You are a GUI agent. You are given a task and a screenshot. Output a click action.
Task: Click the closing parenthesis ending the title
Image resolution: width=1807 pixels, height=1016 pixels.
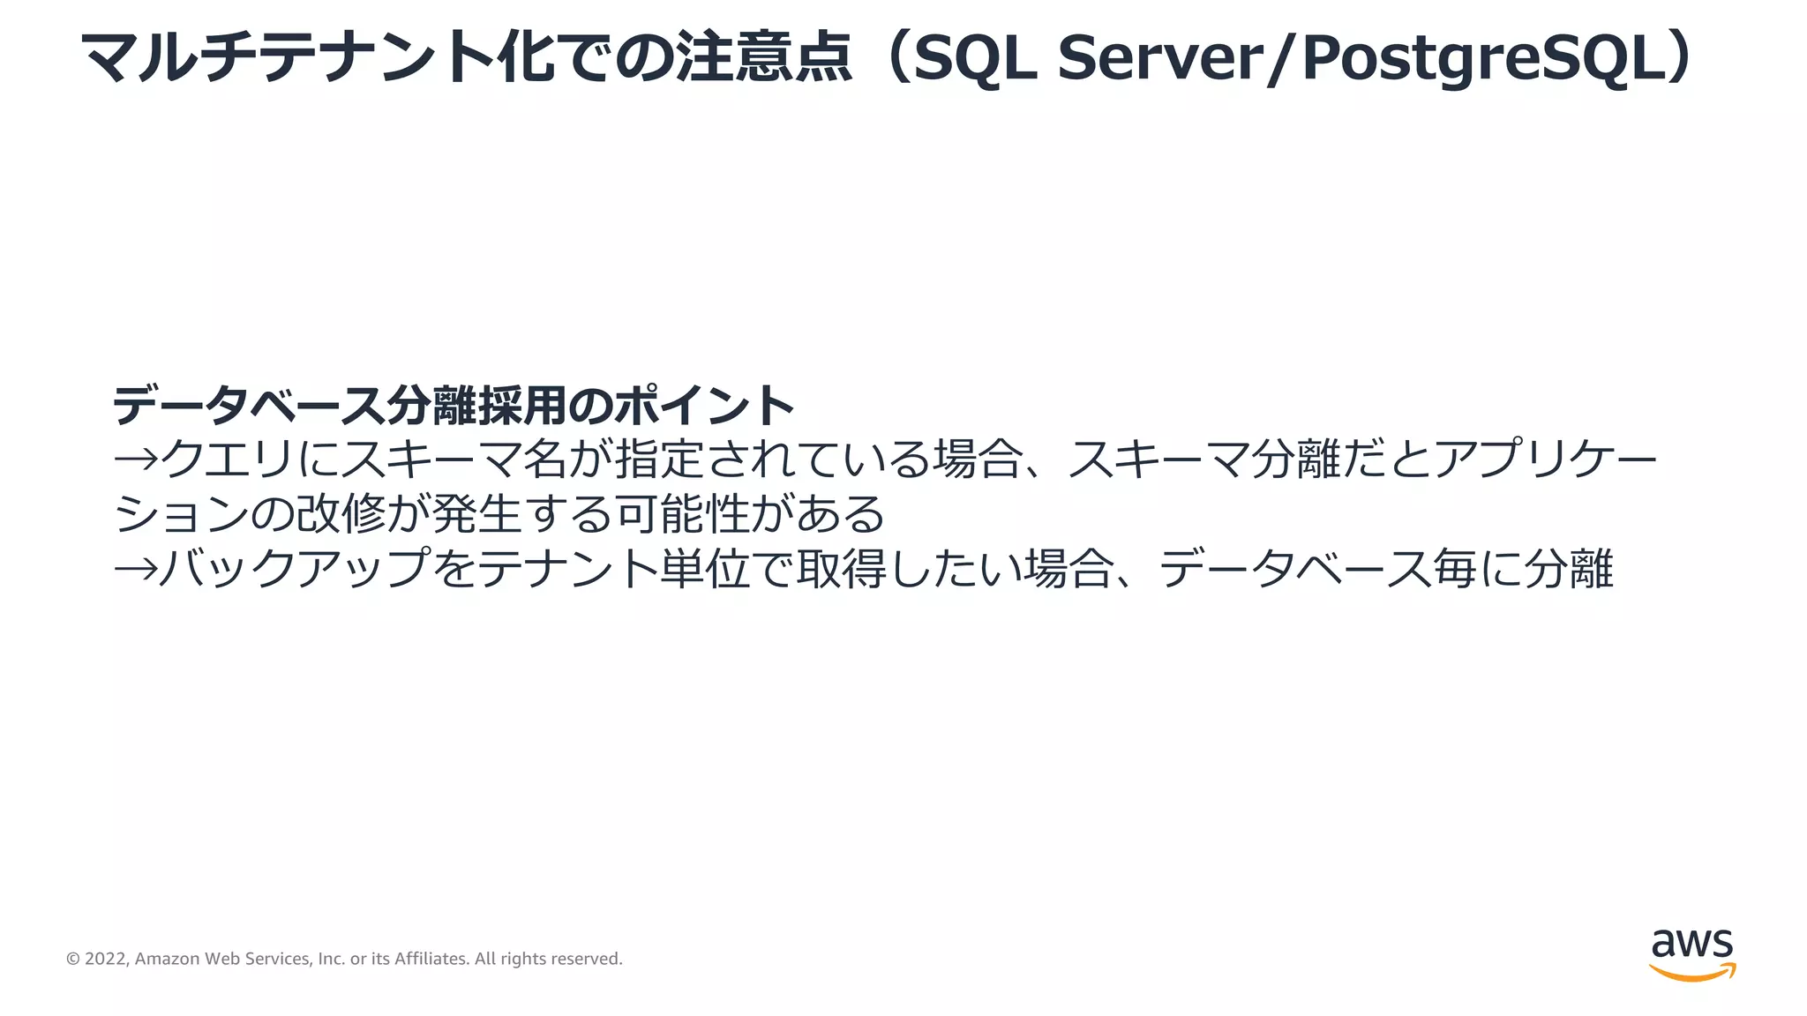click(x=1682, y=58)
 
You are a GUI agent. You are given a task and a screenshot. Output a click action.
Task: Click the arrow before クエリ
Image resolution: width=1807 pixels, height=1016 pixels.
click(x=135, y=459)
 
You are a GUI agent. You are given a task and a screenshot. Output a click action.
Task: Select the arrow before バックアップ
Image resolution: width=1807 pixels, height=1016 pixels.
click(x=135, y=569)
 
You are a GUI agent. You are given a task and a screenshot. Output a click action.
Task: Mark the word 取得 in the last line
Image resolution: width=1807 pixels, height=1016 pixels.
click(x=842, y=569)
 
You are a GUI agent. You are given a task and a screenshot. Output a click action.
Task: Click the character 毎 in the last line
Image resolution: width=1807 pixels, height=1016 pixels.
click(x=1455, y=569)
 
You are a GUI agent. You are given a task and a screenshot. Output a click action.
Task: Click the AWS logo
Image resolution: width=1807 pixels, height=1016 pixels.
click(x=1691, y=954)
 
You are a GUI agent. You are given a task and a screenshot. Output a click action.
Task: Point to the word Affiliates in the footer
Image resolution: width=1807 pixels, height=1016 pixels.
click(x=431, y=959)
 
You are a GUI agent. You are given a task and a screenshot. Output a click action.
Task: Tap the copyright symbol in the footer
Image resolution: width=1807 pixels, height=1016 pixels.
click(x=73, y=959)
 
